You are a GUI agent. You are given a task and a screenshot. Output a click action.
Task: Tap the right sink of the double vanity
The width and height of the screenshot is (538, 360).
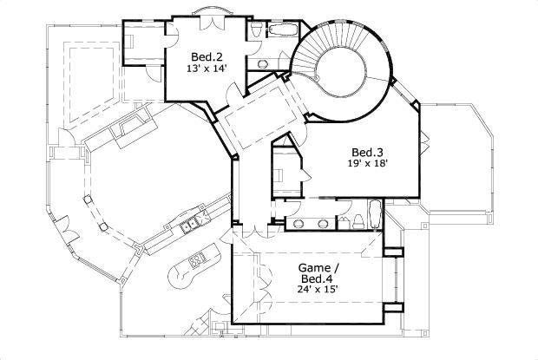click(325, 222)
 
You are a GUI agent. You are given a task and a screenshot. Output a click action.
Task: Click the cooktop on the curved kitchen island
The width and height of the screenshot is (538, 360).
click(197, 259)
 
